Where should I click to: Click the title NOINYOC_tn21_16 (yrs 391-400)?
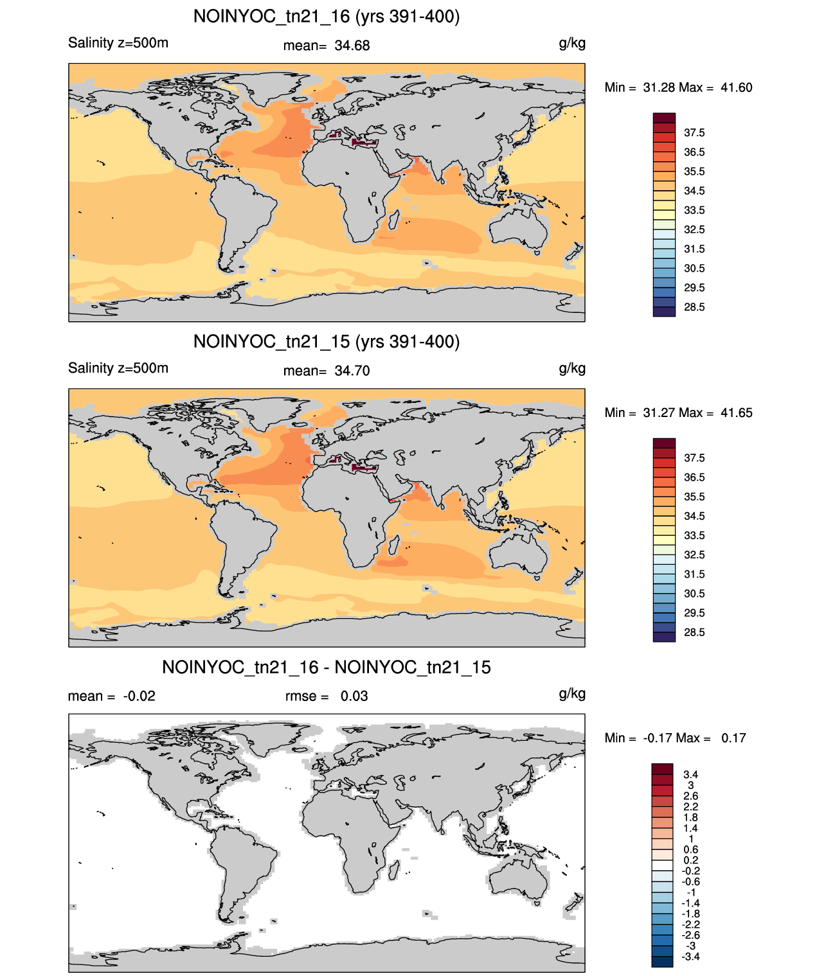(327, 17)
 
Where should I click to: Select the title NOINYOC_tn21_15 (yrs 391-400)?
(327, 342)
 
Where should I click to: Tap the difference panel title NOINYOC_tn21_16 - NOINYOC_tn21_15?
(327, 667)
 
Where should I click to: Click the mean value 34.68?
(352, 46)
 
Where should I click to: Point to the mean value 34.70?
(352, 371)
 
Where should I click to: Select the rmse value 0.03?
(354, 697)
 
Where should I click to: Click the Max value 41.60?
(736, 88)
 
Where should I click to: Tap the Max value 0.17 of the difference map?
(733, 738)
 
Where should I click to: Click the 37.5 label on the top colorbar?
(694, 133)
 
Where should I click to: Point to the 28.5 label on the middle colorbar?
(694, 633)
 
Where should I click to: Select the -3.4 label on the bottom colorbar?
(690, 957)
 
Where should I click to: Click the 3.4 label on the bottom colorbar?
(690, 775)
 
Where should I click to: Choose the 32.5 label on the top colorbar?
(694, 230)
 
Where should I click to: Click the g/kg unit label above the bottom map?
(572, 694)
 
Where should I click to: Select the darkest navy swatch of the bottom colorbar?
(661, 962)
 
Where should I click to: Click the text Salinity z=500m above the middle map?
(118, 368)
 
